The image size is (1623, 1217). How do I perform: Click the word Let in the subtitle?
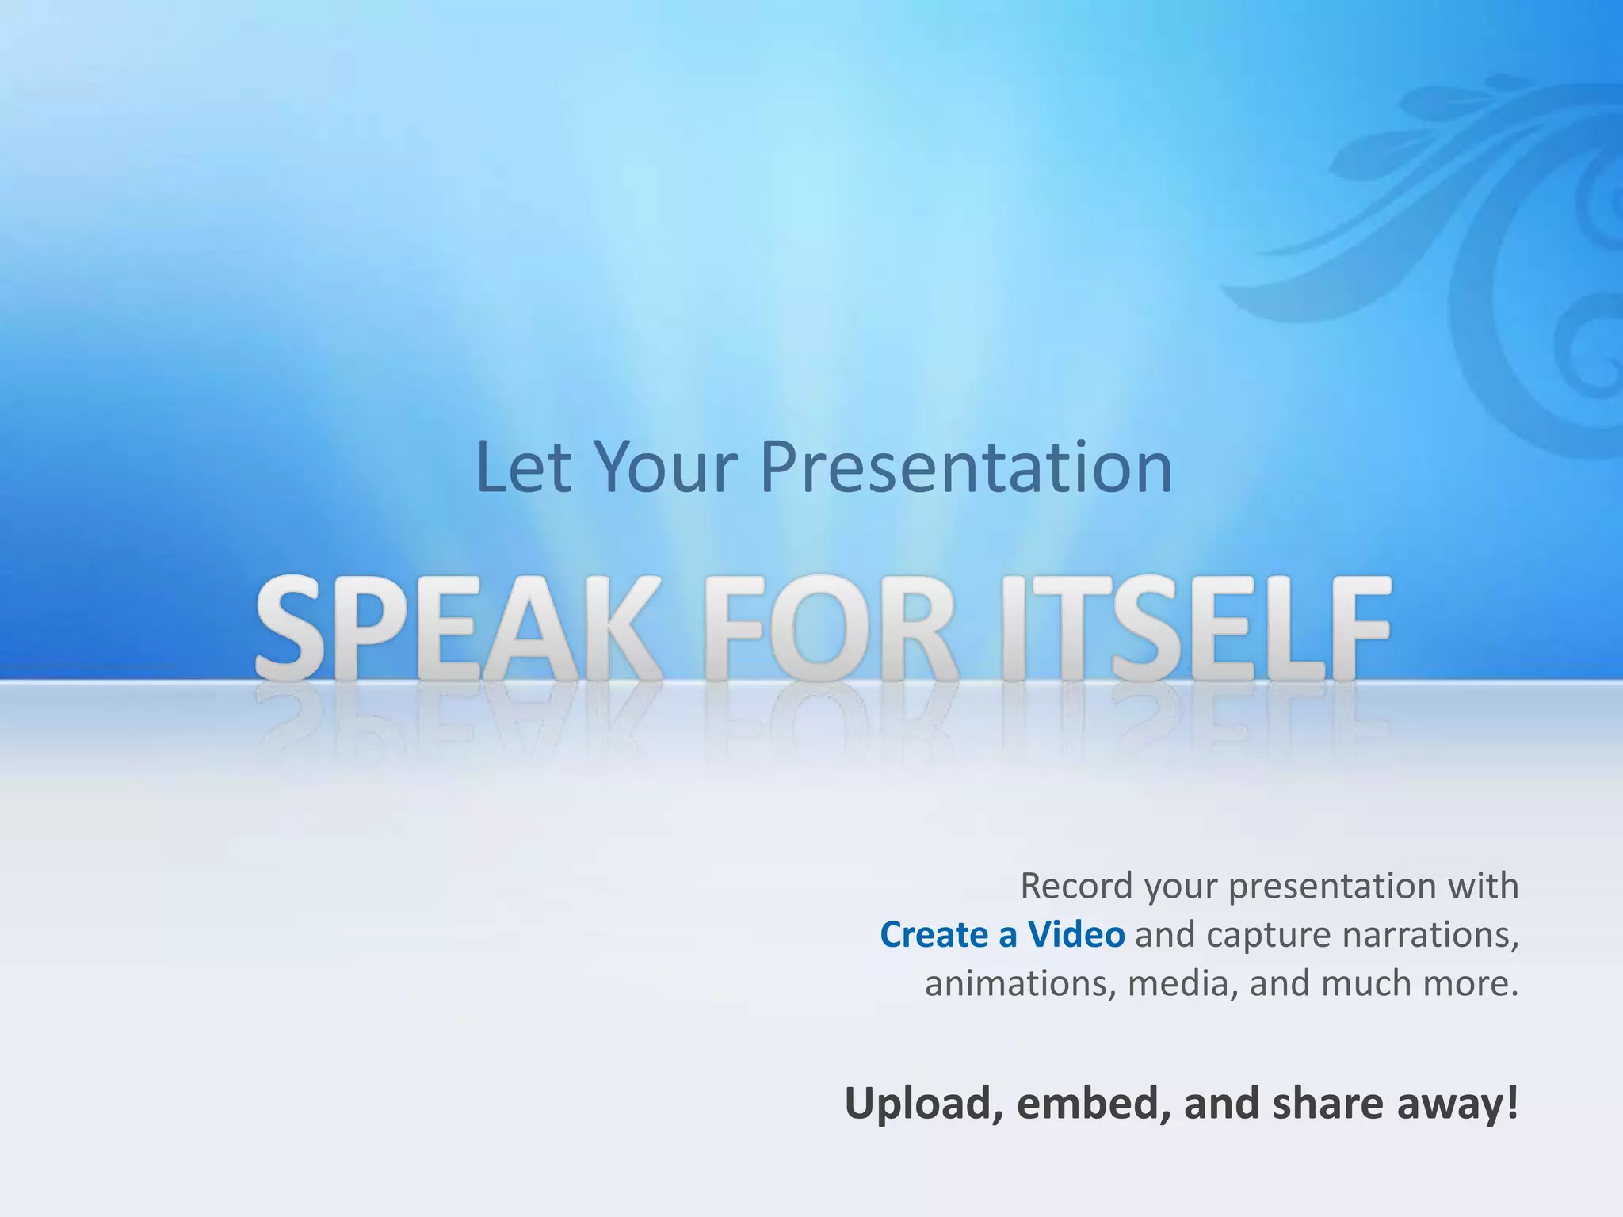522,467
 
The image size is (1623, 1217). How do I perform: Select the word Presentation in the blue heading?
966,469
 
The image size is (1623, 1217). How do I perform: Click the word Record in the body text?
1075,886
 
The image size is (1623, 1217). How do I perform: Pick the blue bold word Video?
1076,935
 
